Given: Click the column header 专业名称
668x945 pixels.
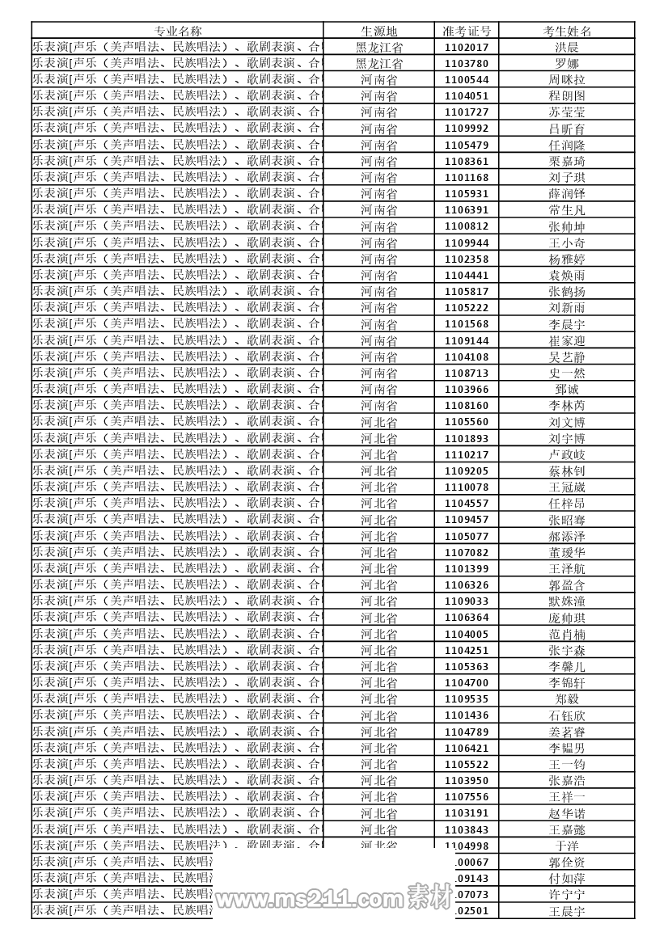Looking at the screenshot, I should (x=178, y=31).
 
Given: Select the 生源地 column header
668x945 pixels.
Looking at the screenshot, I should (x=378, y=31).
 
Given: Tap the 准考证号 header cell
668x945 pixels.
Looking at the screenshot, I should (x=467, y=31).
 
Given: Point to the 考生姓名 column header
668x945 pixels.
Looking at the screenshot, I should (x=567, y=31).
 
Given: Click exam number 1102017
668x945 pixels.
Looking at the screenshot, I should (x=467, y=48).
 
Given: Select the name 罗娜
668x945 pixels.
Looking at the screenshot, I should (x=567, y=64).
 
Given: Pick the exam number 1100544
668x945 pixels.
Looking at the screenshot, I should (x=467, y=80).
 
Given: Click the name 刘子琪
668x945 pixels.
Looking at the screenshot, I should (x=567, y=178).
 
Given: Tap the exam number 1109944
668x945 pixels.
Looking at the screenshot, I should (x=467, y=243).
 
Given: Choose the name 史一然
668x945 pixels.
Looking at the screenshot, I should (x=567, y=373).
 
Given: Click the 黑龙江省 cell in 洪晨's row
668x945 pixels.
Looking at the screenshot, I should (x=378, y=48).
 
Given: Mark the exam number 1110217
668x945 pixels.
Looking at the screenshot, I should (x=467, y=454).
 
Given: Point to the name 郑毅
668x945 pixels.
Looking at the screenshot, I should (x=567, y=698).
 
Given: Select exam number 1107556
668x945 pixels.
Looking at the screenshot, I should (x=467, y=796).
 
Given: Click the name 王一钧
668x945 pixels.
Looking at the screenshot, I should (x=567, y=764).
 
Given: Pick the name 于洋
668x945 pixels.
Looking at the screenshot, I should (x=567, y=846).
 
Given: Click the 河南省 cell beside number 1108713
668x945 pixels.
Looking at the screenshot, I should (x=378, y=373).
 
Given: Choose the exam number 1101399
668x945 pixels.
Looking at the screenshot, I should (x=467, y=568).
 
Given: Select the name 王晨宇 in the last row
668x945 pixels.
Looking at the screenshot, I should (x=567, y=911).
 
